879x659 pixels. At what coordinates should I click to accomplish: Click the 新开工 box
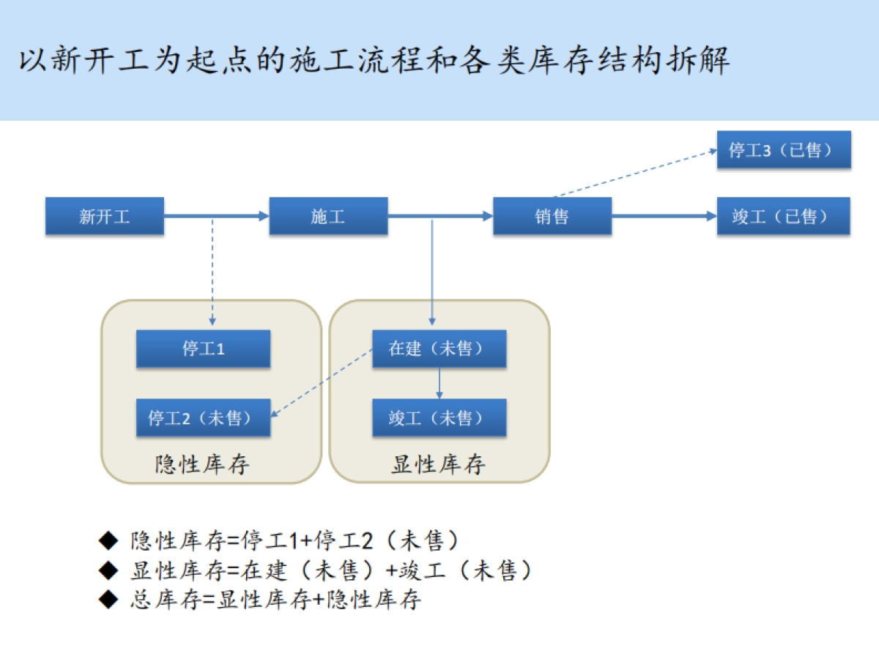tap(104, 216)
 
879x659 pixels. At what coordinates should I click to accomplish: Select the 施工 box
tap(328, 216)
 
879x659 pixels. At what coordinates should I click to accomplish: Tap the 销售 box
tap(552, 216)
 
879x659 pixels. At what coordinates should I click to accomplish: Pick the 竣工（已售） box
tap(783, 216)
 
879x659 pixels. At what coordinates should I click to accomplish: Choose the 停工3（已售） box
tap(783, 150)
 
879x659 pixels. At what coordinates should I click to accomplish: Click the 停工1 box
tap(203, 349)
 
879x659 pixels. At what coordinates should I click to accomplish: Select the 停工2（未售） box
tap(203, 418)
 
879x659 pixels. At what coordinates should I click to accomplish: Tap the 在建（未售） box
tap(439, 349)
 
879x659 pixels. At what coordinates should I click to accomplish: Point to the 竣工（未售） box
tap(439, 418)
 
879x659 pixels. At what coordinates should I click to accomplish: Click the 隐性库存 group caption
tap(203, 464)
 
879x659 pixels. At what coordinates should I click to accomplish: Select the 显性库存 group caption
tap(439, 464)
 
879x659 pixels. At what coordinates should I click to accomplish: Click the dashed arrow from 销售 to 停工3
tap(634, 174)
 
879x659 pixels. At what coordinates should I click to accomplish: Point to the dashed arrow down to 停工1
tap(212, 271)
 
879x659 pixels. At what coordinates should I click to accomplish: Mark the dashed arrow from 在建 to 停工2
tap(322, 382)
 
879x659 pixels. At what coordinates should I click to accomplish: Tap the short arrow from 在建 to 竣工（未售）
tap(439, 383)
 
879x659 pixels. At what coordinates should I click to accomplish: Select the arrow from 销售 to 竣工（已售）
tap(663, 216)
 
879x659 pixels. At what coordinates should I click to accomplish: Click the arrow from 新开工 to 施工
tap(216, 216)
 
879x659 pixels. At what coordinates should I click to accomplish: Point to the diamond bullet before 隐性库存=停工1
tap(108, 541)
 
